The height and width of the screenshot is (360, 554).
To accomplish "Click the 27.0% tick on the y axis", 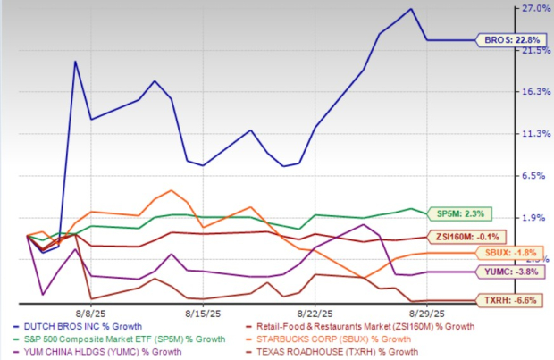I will pyautogui.click(x=534, y=9).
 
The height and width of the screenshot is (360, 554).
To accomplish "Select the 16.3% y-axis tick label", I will pyautogui.click(x=534, y=92).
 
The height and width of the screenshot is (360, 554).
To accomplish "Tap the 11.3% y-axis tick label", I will pyautogui.click(x=534, y=134).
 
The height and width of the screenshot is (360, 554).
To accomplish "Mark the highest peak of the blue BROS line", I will pyautogui.click(x=410, y=9).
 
